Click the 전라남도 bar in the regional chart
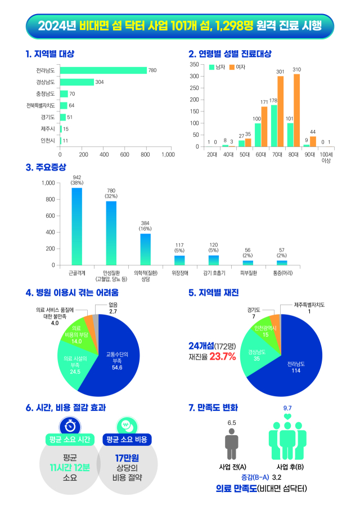point(103,70)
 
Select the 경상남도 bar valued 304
point(76,82)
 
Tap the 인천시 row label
point(47,140)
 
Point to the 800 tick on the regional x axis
point(146,154)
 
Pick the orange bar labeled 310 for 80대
point(296,110)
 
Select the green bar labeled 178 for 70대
point(274,126)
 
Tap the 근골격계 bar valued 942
point(76,226)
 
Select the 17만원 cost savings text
point(128,457)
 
